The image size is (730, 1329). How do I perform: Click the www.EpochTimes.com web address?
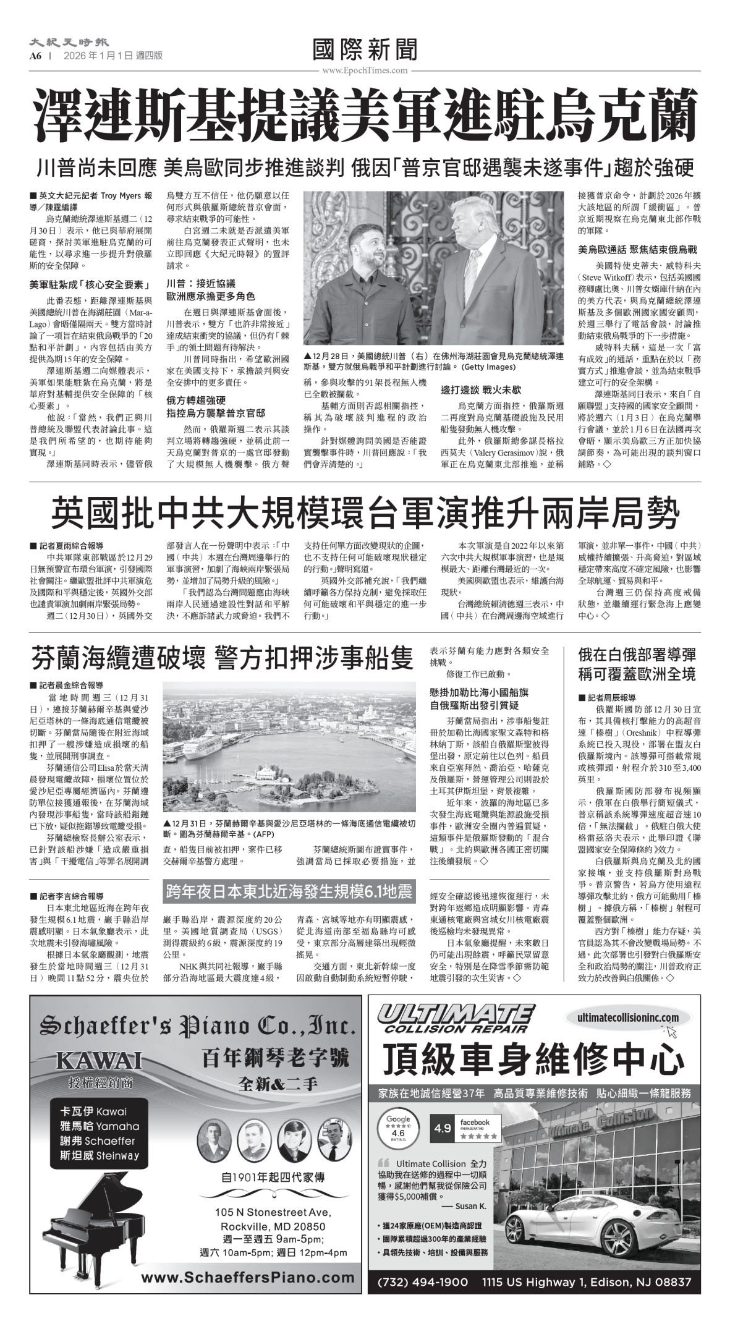pyautogui.click(x=365, y=70)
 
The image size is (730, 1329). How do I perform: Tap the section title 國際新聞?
pyautogui.click(x=365, y=50)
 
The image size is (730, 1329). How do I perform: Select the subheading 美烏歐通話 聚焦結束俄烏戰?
pyautogui.click(x=637, y=250)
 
